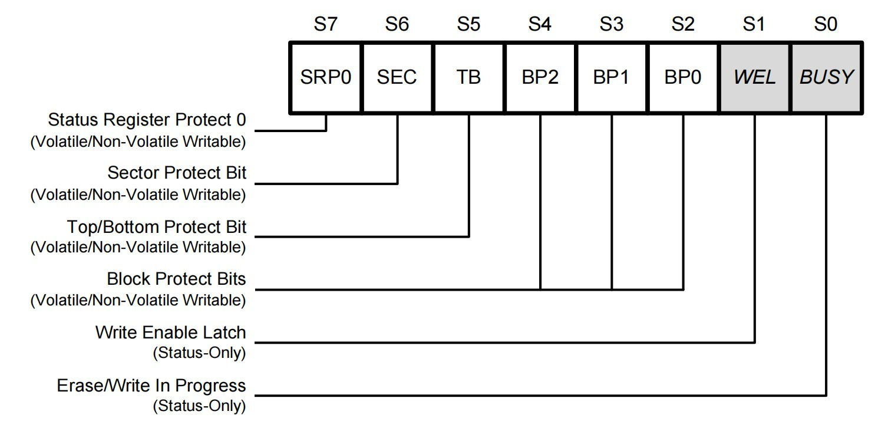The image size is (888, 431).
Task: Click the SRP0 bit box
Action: click(x=326, y=77)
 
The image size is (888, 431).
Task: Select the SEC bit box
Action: click(x=397, y=77)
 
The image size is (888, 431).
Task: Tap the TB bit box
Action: click(x=469, y=77)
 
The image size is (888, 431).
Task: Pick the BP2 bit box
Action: click(x=540, y=77)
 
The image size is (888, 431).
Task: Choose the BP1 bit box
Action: click(x=612, y=77)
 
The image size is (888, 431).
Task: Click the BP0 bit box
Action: click(x=683, y=77)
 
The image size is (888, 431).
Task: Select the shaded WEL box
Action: click(x=755, y=77)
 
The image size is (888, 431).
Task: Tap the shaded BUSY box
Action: click(x=826, y=77)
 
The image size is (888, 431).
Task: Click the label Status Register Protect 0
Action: click(x=147, y=120)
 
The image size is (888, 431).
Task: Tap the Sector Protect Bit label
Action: click(x=177, y=173)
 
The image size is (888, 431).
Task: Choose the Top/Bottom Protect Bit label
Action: click(x=157, y=226)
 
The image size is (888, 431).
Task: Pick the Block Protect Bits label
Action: click(x=176, y=279)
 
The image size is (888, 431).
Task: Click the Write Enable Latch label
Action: click(x=170, y=333)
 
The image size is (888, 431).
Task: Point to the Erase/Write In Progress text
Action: click(x=151, y=386)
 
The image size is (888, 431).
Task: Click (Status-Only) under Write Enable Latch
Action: click(x=199, y=353)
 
